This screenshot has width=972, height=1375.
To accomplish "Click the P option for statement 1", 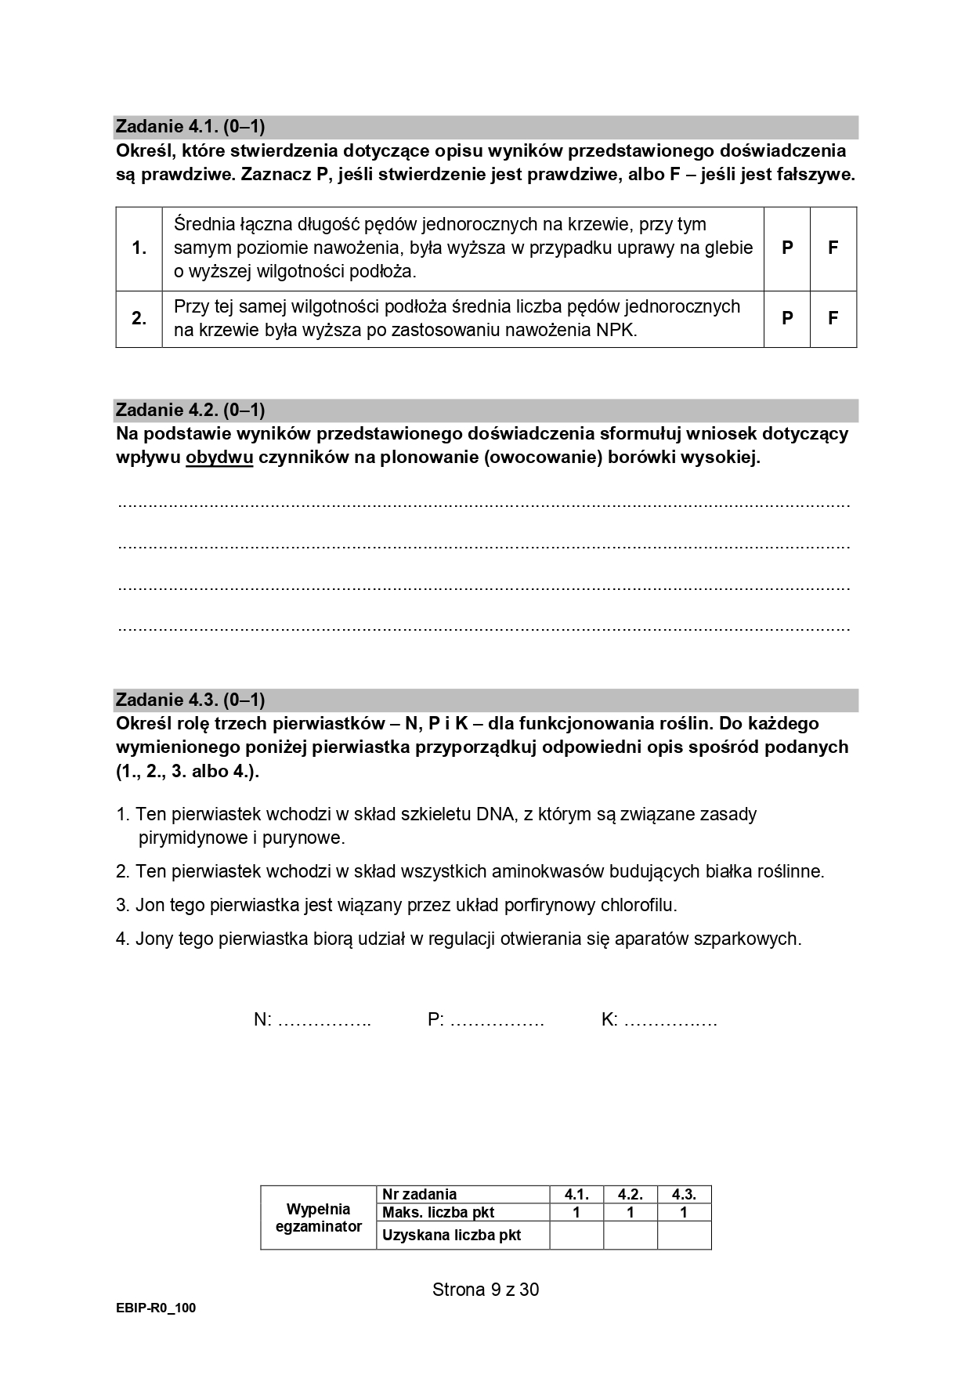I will click(787, 248).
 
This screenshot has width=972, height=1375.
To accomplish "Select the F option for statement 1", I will click(833, 248).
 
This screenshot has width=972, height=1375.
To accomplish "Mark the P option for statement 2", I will click(787, 318).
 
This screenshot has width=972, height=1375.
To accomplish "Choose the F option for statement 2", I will click(833, 318).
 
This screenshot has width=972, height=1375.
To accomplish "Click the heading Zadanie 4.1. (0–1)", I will click(190, 127).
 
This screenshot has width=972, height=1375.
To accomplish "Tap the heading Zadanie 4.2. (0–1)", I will click(190, 410).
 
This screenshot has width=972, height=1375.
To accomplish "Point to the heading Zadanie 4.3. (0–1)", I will click(190, 700).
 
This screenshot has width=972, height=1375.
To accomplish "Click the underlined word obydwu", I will click(219, 458).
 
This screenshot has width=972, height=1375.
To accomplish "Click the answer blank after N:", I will click(324, 1020).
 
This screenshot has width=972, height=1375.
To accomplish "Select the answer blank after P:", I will click(497, 1020).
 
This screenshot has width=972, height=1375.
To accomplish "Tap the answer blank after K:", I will click(671, 1020).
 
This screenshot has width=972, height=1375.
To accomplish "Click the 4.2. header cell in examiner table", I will click(631, 1195).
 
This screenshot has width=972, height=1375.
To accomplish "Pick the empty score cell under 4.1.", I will click(576, 1236).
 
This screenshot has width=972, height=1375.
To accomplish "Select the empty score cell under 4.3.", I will click(684, 1236).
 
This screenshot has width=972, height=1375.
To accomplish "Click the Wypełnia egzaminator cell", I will click(318, 1218).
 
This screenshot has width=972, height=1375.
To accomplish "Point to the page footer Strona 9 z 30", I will click(486, 1290).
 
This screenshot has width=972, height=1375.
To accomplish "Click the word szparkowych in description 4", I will click(747, 939).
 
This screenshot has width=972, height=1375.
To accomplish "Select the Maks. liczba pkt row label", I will click(439, 1213).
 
